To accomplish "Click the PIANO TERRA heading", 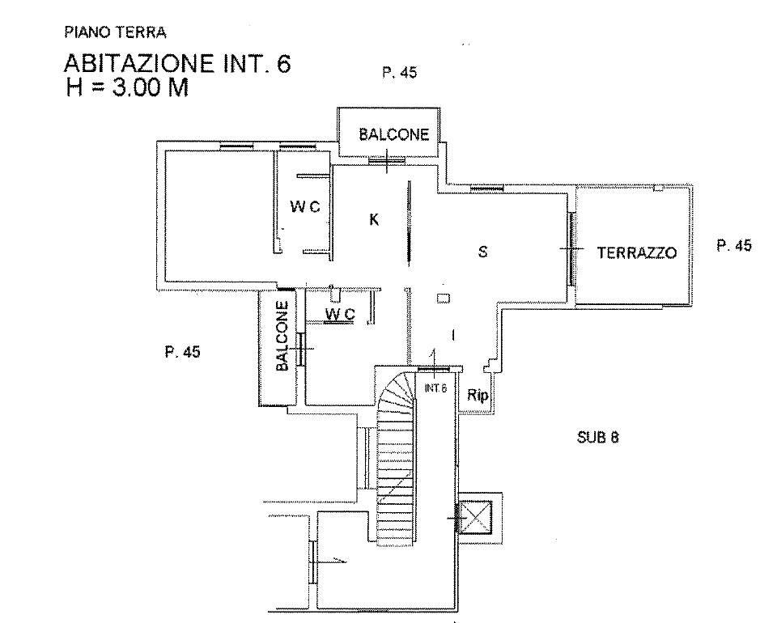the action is [x=115, y=32].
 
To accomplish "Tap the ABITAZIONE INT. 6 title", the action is [x=177, y=64].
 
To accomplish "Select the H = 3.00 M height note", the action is [x=127, y=87].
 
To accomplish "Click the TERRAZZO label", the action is [x=637, y=253].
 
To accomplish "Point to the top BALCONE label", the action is [x=394, y=134].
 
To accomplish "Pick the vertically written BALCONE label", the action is [x=282, y=337].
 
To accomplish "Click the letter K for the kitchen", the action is [x=374, y=219].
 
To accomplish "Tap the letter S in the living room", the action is [x=482, y=252].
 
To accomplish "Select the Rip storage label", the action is [x=478, y=395].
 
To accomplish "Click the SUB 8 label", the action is [x=597, y=437].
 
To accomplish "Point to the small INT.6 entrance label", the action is [x=435, y=388].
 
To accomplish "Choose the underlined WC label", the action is [x=340, y=314].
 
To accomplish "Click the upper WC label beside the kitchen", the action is [x=305, y=206].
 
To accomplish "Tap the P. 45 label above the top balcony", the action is [x=399, y=73].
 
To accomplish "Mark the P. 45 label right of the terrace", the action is [x=734, y=246].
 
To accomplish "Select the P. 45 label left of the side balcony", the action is [x=182, y=352].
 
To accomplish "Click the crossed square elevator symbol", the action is [x=476, y=518].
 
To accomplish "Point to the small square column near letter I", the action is [x=444, y=299].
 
